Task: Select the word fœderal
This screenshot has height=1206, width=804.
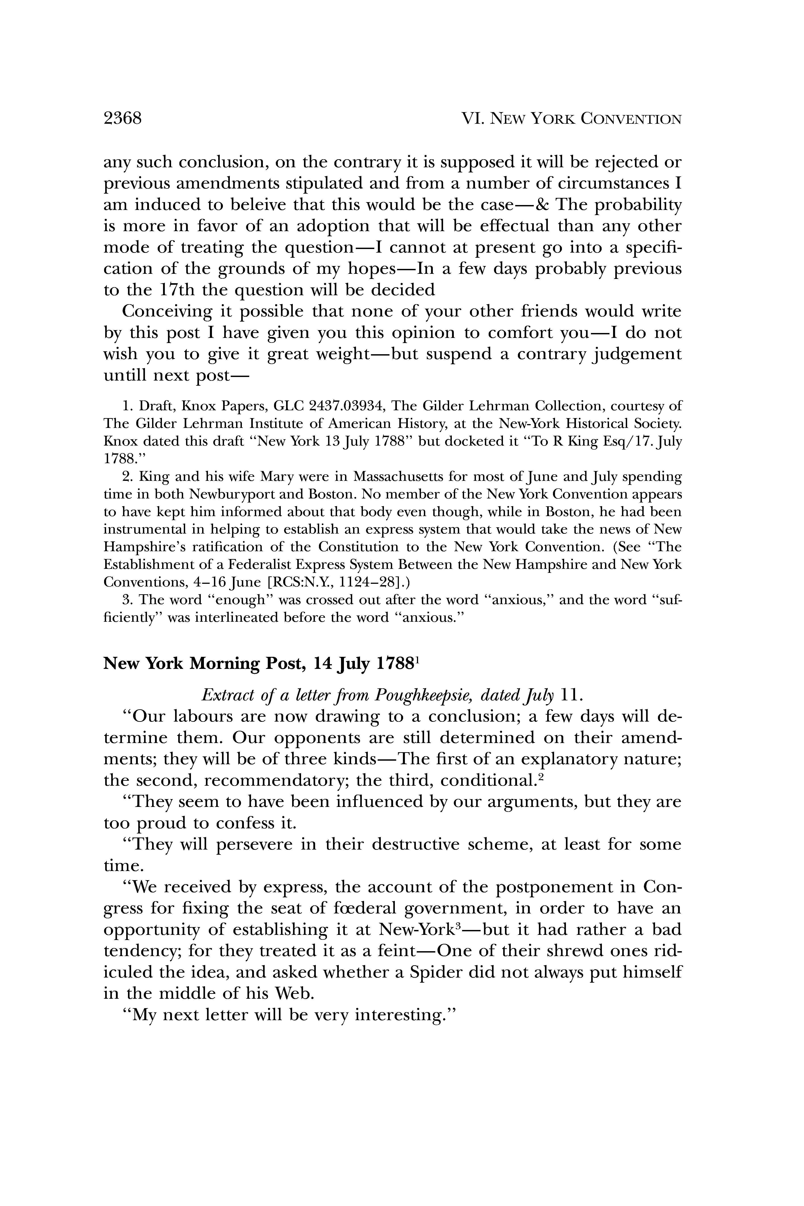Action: [x=364, y=908]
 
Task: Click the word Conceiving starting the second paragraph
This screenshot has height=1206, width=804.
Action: [x=167, y=311]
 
